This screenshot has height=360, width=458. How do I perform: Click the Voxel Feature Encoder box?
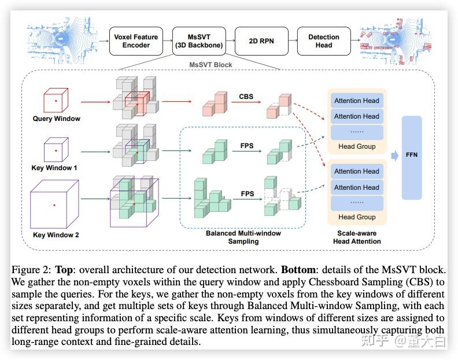(136, 41)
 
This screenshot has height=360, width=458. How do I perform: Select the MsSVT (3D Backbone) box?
(199, 41)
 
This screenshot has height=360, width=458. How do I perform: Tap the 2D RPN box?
(261, 41)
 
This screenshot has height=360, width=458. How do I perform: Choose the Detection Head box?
(324, 41)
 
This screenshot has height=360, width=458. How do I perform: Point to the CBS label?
(247, 98)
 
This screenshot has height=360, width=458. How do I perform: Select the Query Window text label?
(56, 119)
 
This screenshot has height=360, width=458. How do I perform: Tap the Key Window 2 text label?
(56, 235)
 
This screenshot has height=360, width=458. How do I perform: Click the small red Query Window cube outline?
(56, 101)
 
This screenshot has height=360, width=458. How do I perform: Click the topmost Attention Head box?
(357, 101)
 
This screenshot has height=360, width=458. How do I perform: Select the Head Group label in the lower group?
(357, 217)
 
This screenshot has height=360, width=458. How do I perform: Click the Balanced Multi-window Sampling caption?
(243, 237)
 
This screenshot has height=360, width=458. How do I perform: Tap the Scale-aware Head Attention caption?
(357, 237)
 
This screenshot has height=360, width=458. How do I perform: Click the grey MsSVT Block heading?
(210, 65)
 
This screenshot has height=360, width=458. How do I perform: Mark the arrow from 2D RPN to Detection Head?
(292, 41)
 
